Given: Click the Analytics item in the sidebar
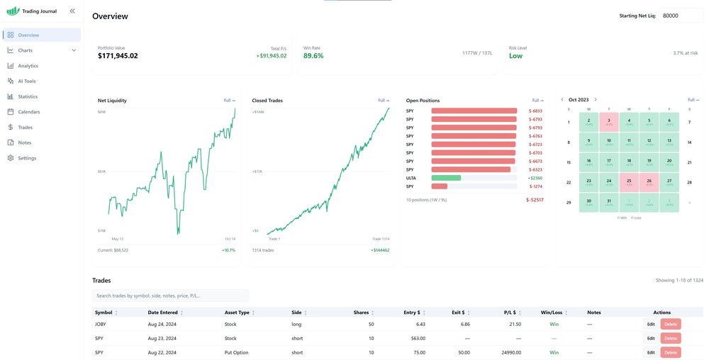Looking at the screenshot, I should coord(28,66).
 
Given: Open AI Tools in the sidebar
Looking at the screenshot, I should coord(27,81).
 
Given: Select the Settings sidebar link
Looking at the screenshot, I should coord(27,158).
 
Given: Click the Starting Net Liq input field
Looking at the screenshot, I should coord(681,16).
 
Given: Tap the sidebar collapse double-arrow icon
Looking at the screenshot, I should coord(72,11).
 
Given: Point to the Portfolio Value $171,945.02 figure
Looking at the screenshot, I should coord(118,56).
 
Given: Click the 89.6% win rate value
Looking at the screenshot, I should coord(313,56).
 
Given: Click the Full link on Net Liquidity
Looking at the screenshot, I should coord(229,101).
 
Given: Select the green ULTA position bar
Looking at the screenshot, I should coord(446,178).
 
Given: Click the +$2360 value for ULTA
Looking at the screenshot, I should coord(535,178).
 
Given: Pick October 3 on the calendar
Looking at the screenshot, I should coord(608,122).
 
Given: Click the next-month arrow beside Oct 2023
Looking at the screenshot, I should coord(596,100).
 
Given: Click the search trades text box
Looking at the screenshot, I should coord(170,296).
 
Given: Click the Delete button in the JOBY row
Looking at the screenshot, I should coord(671,324).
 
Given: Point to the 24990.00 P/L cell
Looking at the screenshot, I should coord(510,352).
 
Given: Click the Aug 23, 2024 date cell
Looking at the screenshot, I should coord(162,338).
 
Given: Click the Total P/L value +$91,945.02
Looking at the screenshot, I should coord(272,56).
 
